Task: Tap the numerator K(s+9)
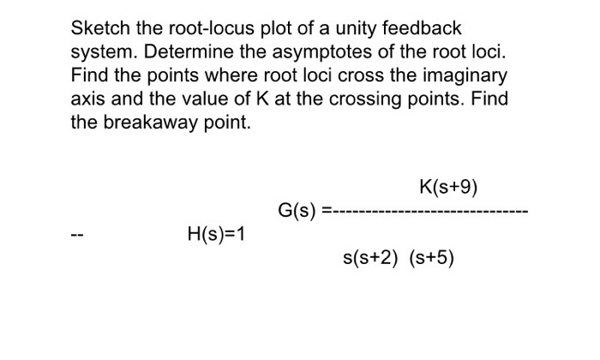tap(448, 187)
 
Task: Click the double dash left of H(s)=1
tap(76, 232)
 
